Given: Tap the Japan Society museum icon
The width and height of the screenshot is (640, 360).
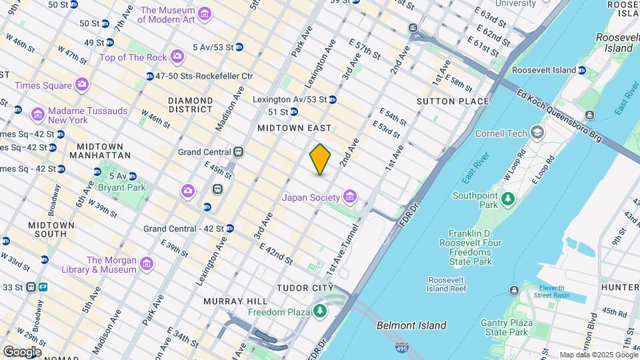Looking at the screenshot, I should point(349,197).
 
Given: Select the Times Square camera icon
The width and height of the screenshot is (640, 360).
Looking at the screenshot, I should point(82,85).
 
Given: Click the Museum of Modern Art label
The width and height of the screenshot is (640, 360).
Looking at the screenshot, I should point(167,15).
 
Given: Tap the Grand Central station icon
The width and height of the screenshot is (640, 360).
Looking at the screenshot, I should point(238,152).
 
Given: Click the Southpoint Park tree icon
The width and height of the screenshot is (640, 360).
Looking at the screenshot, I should point(508,198).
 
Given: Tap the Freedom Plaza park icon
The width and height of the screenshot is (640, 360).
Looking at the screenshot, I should point(321,311).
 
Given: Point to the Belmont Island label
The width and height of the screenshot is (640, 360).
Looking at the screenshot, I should point(411,325).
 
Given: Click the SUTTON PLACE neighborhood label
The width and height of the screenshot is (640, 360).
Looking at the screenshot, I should point(452,101).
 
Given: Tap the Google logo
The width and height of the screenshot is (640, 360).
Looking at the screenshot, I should point(22,351).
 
